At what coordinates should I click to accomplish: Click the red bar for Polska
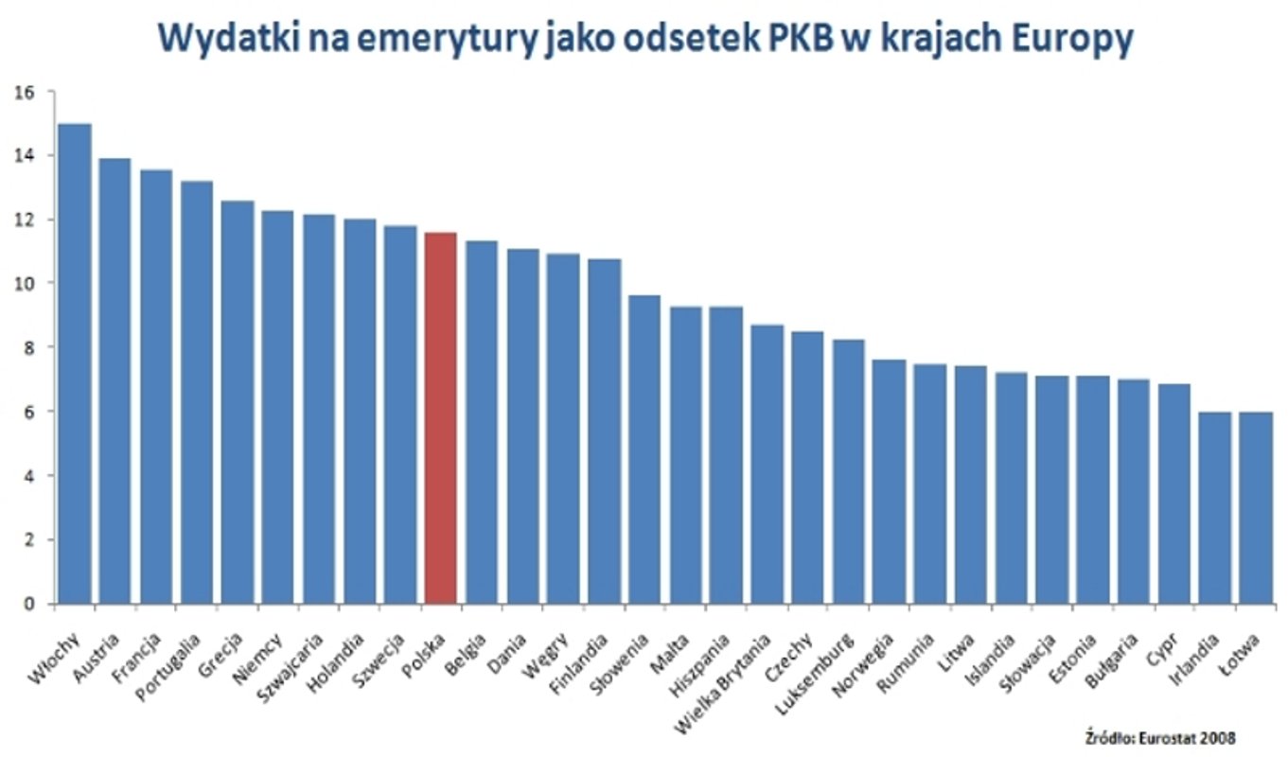pos(440,417)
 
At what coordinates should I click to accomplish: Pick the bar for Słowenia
pos(644,449)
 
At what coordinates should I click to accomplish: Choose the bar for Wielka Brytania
pos(767,464)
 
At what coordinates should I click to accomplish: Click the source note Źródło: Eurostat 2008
pos(1160,735)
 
